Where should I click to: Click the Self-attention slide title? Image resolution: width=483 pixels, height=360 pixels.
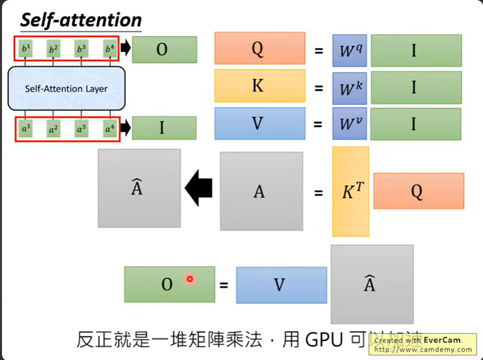(x=80, y=20)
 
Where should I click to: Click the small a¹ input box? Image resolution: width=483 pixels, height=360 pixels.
(x=25, y=129)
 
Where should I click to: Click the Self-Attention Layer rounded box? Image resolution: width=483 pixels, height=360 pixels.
(x=66, y=89)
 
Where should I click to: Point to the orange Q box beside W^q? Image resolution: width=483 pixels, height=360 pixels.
(x=260, y=48)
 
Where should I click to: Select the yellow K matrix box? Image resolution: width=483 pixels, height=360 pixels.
(x=260, y=86)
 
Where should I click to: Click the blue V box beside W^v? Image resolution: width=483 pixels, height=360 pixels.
(x=260, y=123)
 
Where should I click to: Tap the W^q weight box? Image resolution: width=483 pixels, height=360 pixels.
(x=349, y=50)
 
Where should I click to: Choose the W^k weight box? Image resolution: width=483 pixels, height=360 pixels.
(x=349, y=88)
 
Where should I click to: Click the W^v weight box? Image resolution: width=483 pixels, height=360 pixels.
(x=349, y=123)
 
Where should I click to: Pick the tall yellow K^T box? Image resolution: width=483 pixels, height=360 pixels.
(x=351, y=191)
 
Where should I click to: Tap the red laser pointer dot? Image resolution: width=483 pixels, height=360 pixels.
(x=190, y=279)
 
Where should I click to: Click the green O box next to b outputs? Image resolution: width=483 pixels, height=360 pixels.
(x=164, y=50)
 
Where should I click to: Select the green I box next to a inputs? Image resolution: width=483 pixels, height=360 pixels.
(x=164, y=128)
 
